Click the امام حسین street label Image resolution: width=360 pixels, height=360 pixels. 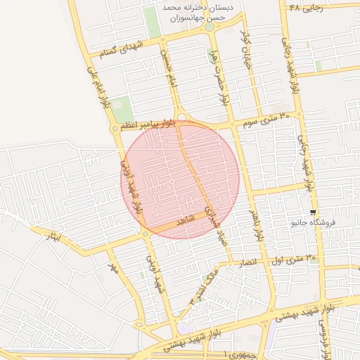pos(167,71)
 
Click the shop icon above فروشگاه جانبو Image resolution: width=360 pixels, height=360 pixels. pos(313,212)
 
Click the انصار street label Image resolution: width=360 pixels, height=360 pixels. pos(251,262)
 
